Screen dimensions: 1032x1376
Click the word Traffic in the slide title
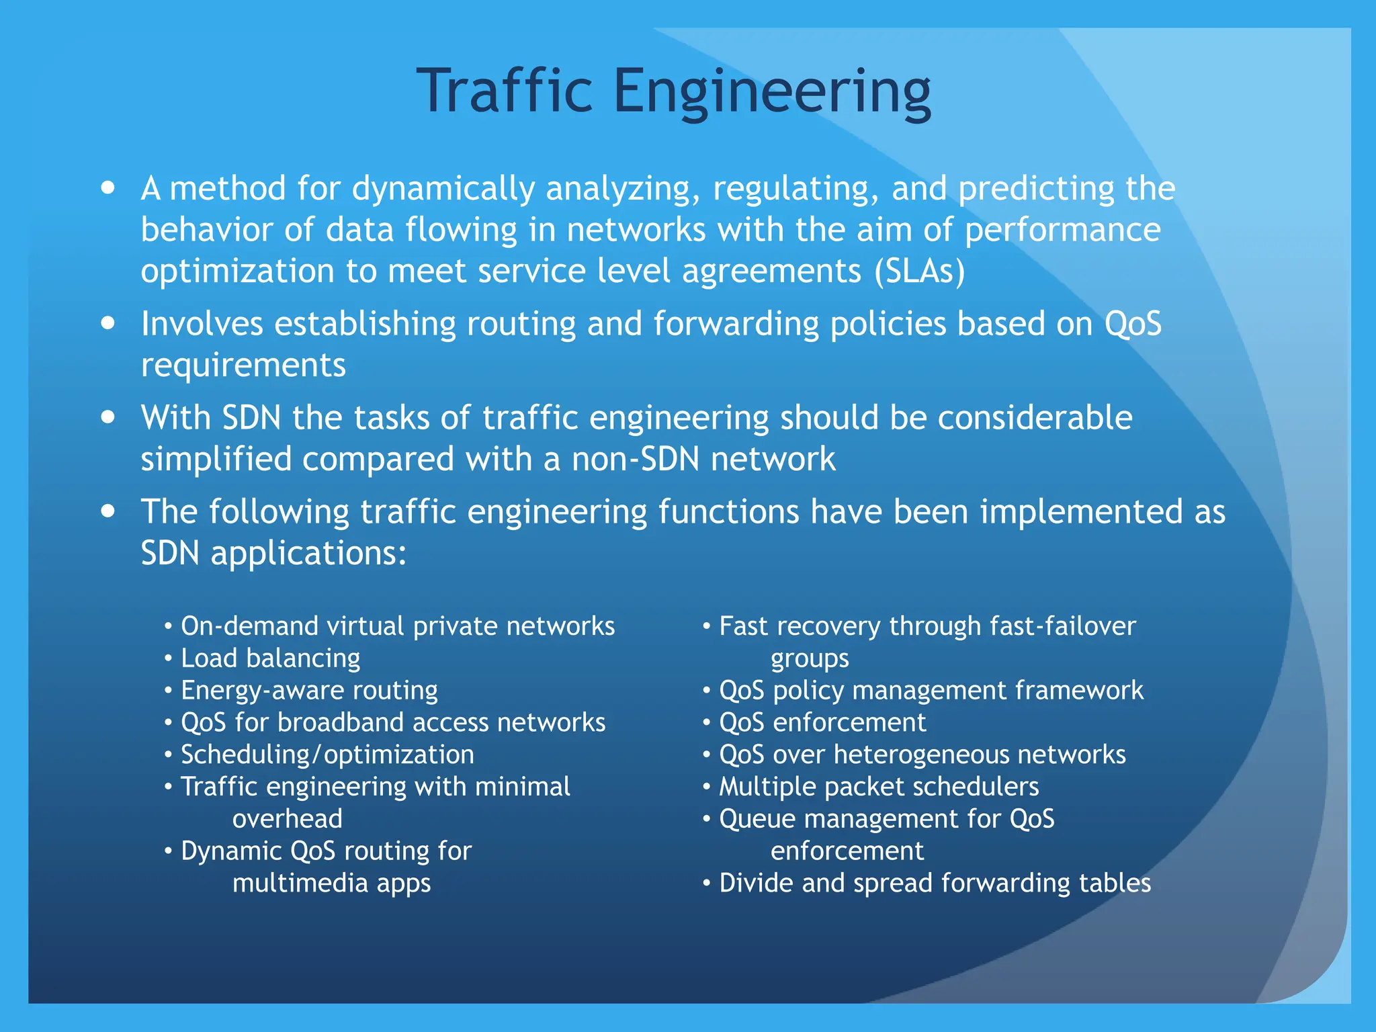[x=505, y=91]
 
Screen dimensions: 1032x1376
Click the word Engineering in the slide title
[x=772, y=92]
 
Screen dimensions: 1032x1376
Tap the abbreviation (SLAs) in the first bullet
[x=920, y=271]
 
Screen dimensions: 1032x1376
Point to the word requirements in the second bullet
[x=243, y=365]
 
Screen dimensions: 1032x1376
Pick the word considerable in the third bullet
[x=1035, y=418]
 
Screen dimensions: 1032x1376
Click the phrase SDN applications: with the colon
[x=273, y=554]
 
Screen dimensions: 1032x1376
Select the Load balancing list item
[x=270, y=658]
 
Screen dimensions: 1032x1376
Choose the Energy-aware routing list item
[x=309, y=691]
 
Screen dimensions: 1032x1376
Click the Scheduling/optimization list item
[x=327, y=755]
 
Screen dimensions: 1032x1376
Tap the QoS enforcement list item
[x=822, y=723]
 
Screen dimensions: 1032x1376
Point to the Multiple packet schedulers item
[x=879, y=787]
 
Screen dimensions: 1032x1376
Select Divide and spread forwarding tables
[x=935, y=884]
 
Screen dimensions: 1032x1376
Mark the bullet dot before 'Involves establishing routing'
[x=108, y=323]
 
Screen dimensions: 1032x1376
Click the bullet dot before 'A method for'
[x=108, y=187]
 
